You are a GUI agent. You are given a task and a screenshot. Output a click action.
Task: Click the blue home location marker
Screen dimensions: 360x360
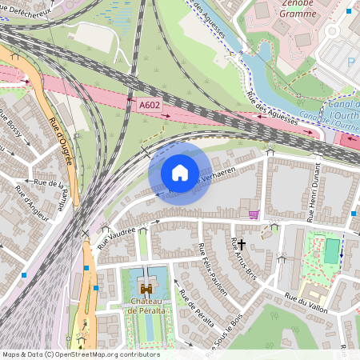point(180,173)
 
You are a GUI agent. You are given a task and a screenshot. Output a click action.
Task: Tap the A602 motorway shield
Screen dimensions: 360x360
point(149,104)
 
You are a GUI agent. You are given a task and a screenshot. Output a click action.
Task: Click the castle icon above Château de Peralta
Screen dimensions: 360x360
point(146,286)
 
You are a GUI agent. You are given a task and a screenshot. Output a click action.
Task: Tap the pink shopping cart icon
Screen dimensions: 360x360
point(254,214)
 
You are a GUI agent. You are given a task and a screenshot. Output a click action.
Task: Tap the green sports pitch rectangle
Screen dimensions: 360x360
point(331,250)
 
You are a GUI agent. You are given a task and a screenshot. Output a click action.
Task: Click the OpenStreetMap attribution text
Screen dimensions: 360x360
point(80,354)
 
